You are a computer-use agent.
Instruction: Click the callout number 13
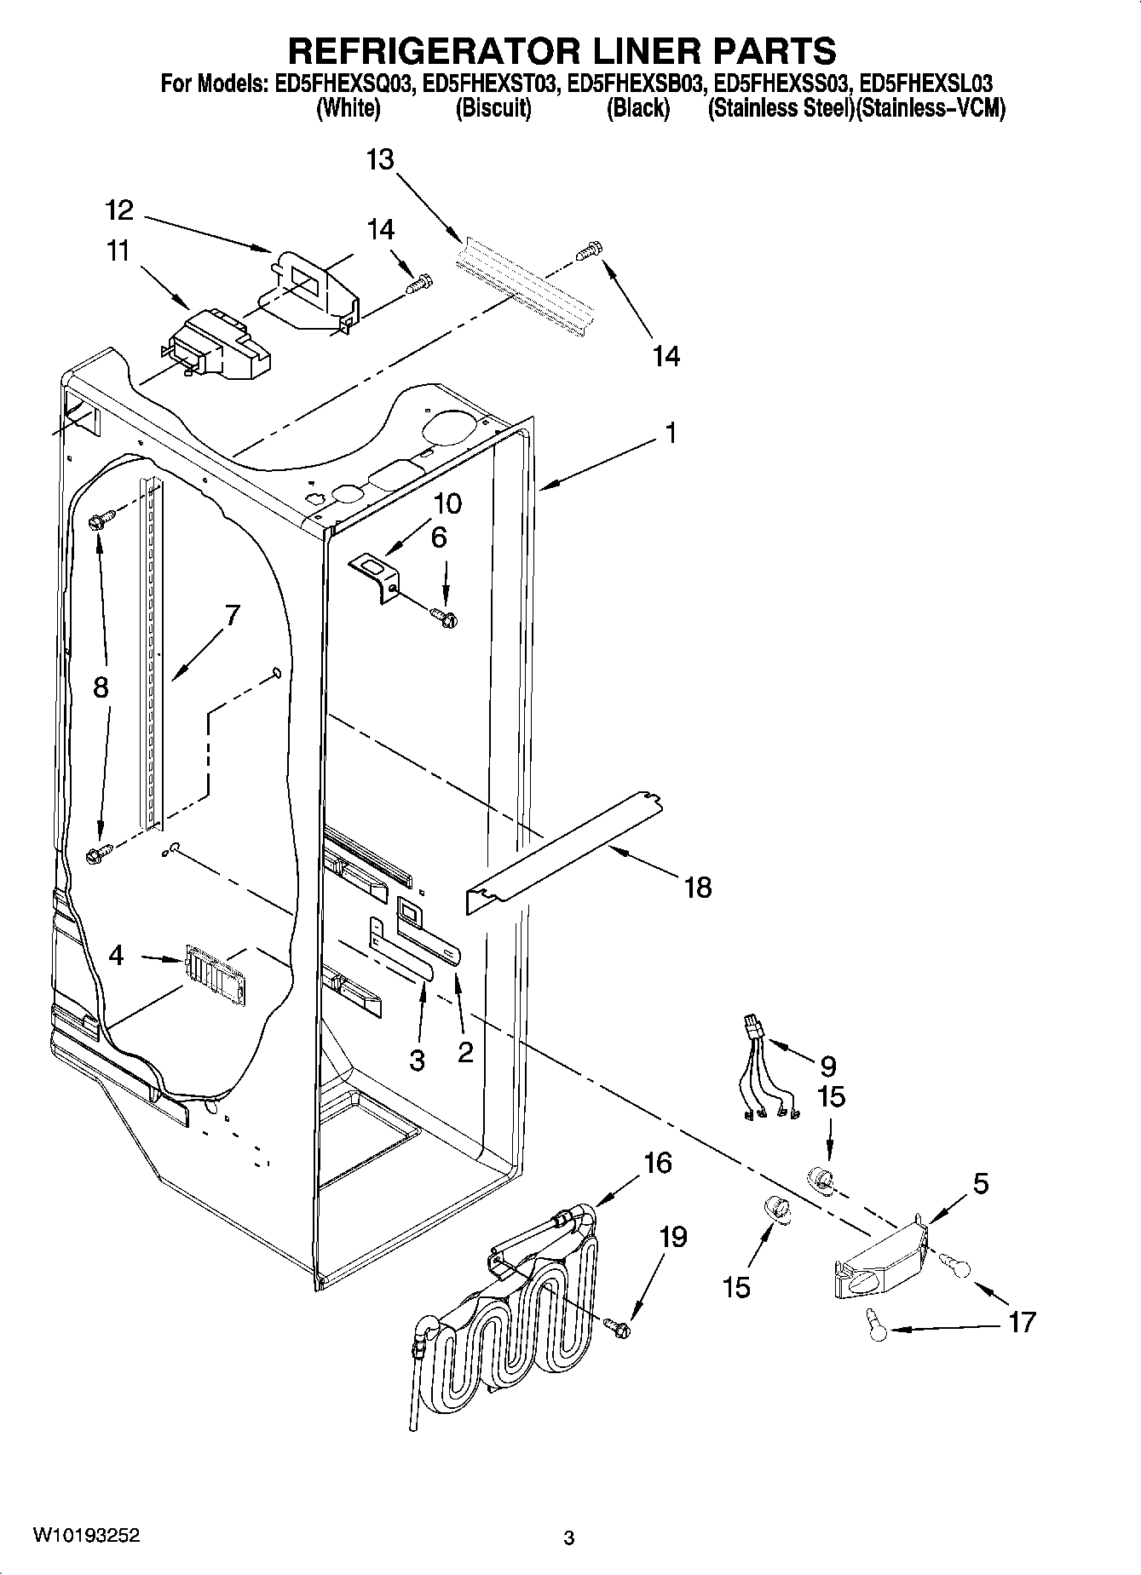click(381, 159)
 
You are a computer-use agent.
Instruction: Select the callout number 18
click(697, 888)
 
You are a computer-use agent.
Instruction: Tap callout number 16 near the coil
click(658, 1163)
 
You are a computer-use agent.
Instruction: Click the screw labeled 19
click(618, 1325)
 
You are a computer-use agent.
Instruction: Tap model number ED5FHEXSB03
click(637, 84)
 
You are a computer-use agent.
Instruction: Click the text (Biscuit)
click(493, 109)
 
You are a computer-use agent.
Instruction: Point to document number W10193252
click(86, 1536)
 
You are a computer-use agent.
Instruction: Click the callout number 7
click(231, 615)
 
